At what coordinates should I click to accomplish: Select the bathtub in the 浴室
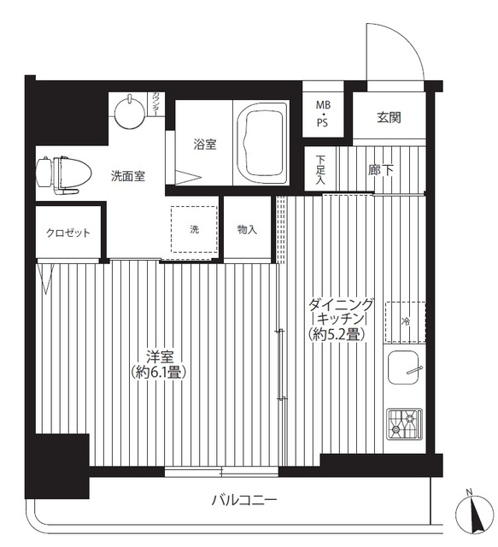[265, 137]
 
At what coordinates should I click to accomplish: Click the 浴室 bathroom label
[204, 144]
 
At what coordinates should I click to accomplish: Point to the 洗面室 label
[127, 177]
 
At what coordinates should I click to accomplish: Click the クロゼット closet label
[68, 233]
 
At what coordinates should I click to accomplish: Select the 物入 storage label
[248, 229]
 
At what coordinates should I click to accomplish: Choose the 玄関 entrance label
[389, 118]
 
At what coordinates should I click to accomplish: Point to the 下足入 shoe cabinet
[320, 169]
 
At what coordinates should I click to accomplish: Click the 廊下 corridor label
[381, 169]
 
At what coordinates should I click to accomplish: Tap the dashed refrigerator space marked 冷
[405, 321]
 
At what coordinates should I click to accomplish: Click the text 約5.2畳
[338, 334]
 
